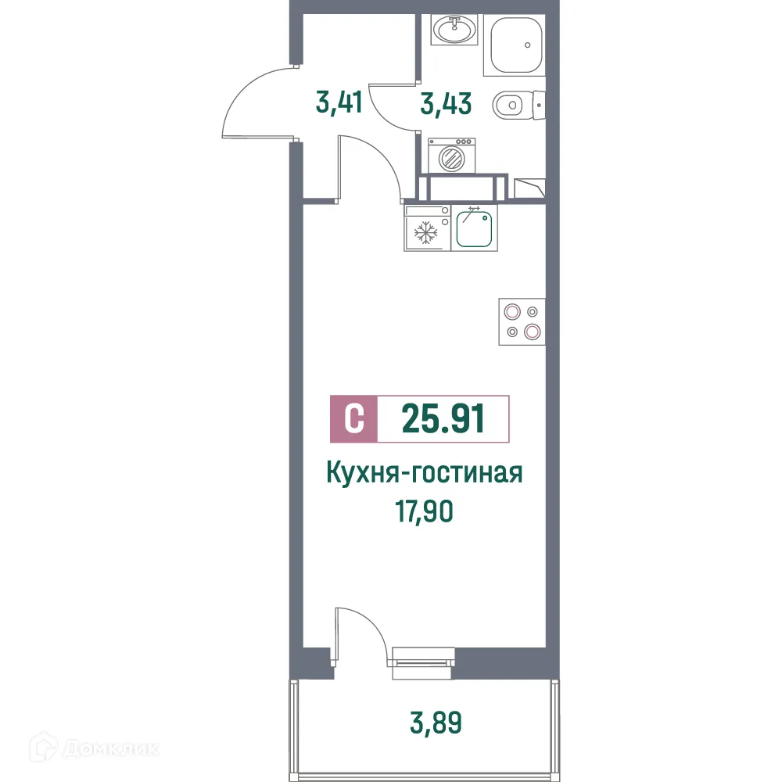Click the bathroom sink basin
pos(454,31)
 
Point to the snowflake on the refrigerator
pos(425,233)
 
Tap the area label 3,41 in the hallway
pos(339,102)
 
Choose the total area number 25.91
pos(443,418)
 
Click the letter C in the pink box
pos(354,418)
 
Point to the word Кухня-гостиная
pos(423,474)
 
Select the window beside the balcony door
pos(423,658)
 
